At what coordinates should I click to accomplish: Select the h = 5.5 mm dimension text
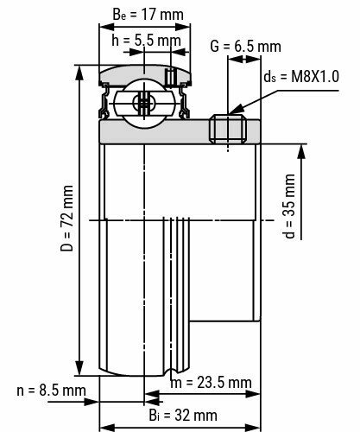(140, 40)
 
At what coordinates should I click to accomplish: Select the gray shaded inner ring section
(155, 130)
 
